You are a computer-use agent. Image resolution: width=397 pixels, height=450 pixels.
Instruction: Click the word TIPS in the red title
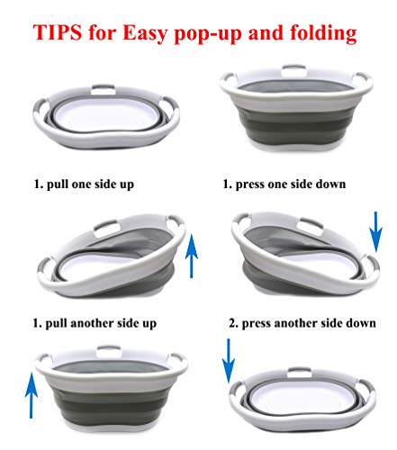click(57, 32)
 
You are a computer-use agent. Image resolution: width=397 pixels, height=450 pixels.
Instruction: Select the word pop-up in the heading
click(208, 34)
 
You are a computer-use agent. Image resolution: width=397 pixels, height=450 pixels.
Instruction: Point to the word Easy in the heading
click(145, 33)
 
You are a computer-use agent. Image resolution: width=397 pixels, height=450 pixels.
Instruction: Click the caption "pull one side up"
click(90, 184)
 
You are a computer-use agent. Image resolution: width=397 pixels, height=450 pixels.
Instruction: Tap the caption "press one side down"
click(291, 184)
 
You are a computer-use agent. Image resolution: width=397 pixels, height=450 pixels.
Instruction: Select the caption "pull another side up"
click(101, 323)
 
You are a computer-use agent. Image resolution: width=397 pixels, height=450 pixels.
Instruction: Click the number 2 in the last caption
click(232, 323)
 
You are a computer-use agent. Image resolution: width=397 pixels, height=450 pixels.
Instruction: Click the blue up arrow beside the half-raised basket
click(192, 256)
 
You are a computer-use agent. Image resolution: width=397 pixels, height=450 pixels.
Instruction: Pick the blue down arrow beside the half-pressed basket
click(375, 231)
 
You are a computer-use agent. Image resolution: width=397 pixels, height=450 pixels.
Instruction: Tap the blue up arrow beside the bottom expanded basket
click(31, 395)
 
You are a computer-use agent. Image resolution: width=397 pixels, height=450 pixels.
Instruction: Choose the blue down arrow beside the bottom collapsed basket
click(229, 361)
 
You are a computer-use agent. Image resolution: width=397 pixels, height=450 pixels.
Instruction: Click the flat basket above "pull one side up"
click(106, 117)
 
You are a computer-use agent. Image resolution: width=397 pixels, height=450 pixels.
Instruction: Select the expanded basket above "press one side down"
click(296, 108)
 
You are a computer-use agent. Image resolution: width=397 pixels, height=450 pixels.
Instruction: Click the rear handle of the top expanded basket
click(294, 69)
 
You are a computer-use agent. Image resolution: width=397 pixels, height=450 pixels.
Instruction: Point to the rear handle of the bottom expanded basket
click(109, 350)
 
